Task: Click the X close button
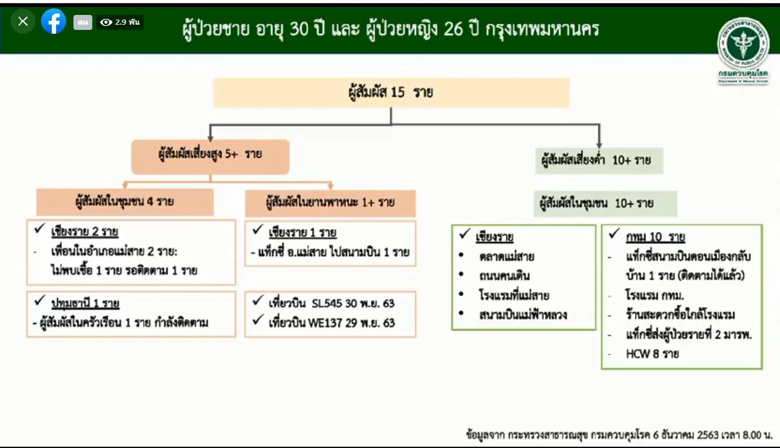23,21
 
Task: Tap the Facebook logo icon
53,21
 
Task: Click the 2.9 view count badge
120,22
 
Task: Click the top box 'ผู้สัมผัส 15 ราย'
391,92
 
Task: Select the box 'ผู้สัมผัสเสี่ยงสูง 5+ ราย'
210,156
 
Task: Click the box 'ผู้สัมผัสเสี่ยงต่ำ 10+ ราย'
599,160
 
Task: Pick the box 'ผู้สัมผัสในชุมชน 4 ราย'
125,202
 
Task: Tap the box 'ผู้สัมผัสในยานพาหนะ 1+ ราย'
330,202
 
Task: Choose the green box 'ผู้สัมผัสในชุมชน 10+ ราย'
605,204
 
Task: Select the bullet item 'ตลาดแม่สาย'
507,256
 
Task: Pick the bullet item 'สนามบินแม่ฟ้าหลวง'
523,315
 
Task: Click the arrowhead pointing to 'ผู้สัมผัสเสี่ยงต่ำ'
599,143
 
